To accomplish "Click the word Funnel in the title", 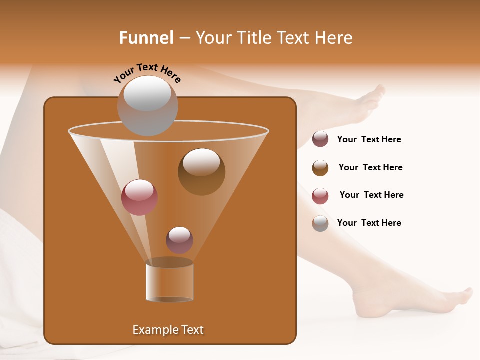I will [146, 38].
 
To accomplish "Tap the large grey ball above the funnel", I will [147, 105].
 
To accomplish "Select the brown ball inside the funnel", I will [201, 171].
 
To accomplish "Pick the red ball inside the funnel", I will [139, 197].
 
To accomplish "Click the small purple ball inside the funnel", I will [179, 240].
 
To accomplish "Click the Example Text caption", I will [168, 330].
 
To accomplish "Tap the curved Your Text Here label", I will [147, 72].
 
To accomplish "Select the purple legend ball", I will [320, 139].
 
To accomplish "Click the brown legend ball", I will [320, 168].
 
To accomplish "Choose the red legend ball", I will [320, 196].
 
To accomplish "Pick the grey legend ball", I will [320, 223].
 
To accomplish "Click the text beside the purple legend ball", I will [369, 139].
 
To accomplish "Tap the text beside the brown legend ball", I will [370, 167].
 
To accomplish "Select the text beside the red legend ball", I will [371, 195].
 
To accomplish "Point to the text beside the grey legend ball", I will [369, 223].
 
